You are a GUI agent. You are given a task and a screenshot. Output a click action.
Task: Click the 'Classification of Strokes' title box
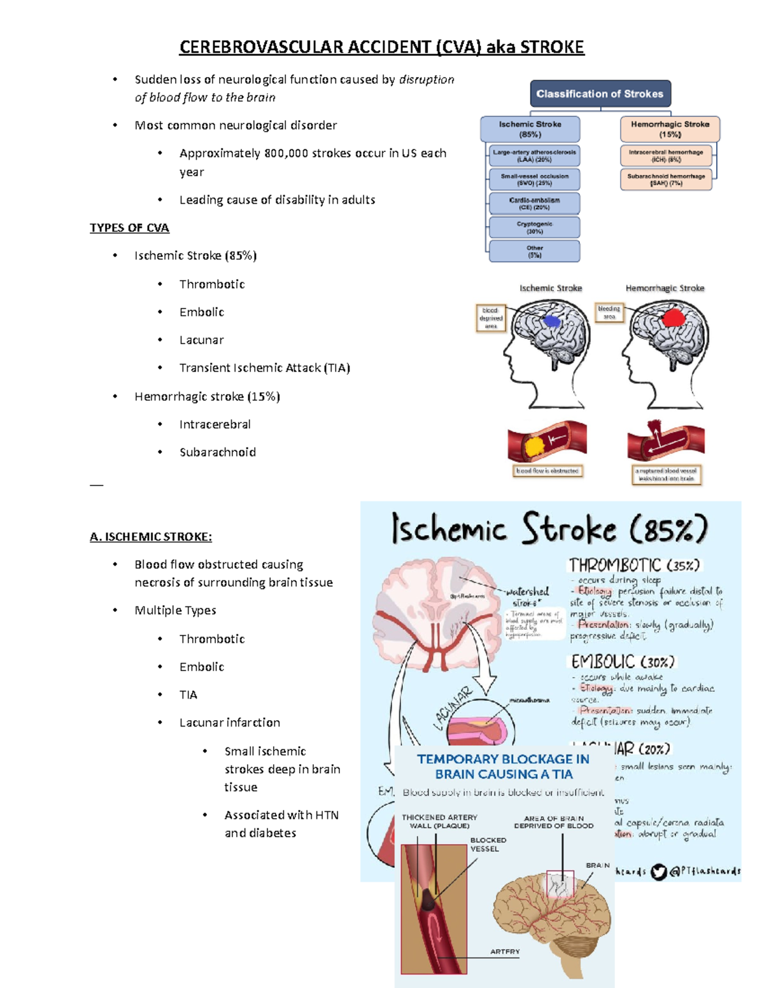600,94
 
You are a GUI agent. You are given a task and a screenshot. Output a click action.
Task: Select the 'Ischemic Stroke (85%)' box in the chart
530,129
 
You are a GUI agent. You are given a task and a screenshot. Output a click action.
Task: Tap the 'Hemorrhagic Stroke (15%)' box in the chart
670,129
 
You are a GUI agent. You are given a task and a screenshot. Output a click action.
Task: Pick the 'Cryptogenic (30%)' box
534,228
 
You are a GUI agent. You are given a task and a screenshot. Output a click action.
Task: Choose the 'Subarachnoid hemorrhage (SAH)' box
665,179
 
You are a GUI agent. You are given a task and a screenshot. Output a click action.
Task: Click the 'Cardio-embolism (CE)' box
534,204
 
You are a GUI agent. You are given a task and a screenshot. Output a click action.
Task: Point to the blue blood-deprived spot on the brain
551,321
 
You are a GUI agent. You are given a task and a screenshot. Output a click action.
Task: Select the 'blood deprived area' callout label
491,318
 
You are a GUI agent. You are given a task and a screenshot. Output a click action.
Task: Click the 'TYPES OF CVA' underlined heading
129,228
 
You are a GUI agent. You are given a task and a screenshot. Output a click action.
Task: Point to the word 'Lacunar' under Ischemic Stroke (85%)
201,340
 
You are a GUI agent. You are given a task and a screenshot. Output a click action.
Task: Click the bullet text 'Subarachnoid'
217,452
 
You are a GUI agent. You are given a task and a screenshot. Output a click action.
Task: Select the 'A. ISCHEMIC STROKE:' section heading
151,537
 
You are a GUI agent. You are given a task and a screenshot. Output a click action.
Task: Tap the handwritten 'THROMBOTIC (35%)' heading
634,565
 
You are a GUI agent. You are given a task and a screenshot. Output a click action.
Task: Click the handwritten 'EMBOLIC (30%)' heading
622,662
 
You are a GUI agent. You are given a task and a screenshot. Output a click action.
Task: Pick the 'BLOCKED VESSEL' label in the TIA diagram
488,844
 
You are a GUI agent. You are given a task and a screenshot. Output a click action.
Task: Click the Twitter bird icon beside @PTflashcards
658,872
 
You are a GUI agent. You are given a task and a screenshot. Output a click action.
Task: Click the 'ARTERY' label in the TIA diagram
505,952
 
